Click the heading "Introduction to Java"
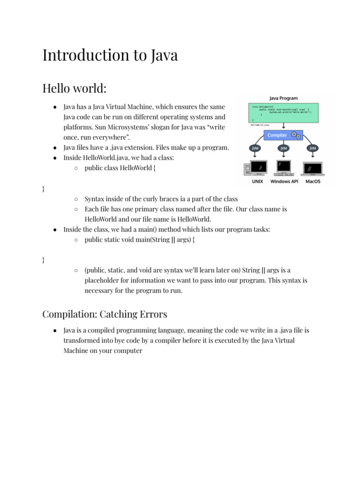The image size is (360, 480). pos(110,55)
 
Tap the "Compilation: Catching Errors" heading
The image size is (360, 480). pos(105,314)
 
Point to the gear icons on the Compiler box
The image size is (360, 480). pos(296,135)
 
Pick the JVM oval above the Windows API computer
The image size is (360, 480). pos(283,148)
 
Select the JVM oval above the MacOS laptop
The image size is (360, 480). pos(313,148)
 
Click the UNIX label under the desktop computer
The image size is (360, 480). pos(257,181)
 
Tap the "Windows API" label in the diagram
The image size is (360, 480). pos(284,181)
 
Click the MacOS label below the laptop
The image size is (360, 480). pos(313,181)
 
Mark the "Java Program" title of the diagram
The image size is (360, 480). pos(283,98)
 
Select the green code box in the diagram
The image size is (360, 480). pos(283,113)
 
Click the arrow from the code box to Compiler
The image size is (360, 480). pos(283,127)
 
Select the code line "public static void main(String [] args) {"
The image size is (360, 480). pos(140,240)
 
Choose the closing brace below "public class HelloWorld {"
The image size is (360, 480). pos(44,188)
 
